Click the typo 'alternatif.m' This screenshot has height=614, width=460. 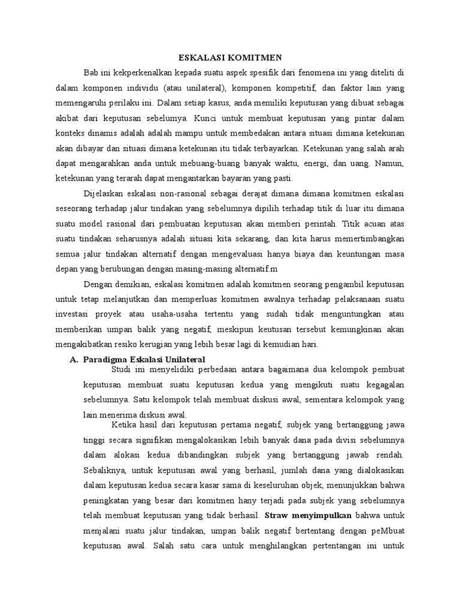(x=246, y=254)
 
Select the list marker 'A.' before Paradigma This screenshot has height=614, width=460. (x=74, y=359)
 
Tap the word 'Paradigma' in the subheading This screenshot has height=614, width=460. (x=107, y=359)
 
